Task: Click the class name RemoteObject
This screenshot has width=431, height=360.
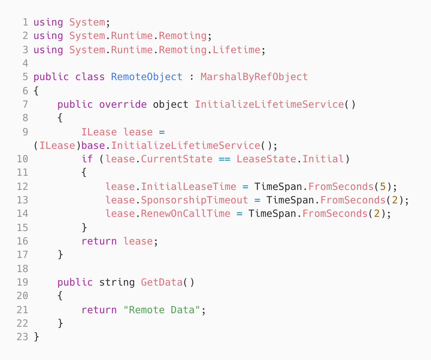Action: coord(147,77)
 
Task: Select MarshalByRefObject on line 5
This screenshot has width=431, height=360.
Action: coord(254,77)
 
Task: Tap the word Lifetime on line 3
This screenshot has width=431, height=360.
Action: coord(236,50)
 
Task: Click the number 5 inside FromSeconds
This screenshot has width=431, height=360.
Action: coord(382,186)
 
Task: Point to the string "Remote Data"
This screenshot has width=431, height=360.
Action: coord(162,310)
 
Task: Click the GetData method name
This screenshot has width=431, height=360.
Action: coord(162,282)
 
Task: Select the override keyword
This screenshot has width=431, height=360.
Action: coord(123,105)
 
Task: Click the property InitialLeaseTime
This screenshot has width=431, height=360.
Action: coord(189,186)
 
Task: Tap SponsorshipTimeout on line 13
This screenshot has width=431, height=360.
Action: coord(195,200)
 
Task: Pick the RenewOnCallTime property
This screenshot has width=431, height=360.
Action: coord(185,214)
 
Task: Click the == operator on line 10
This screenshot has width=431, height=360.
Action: coord(224,159)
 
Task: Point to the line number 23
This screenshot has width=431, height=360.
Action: coord(22,337)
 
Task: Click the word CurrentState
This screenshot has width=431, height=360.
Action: coord(177,159)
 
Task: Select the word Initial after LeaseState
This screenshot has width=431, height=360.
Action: coord(323,159)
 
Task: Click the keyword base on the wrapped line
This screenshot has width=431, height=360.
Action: coord(93,146)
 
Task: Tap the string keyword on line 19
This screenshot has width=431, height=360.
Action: coord(117,282)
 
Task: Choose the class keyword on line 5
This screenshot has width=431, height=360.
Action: coord(90,77)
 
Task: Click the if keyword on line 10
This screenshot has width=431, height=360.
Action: coord(87,159)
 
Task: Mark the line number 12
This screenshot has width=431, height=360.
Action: coord(22,186)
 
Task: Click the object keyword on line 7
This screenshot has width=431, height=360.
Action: coord(170,105)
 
